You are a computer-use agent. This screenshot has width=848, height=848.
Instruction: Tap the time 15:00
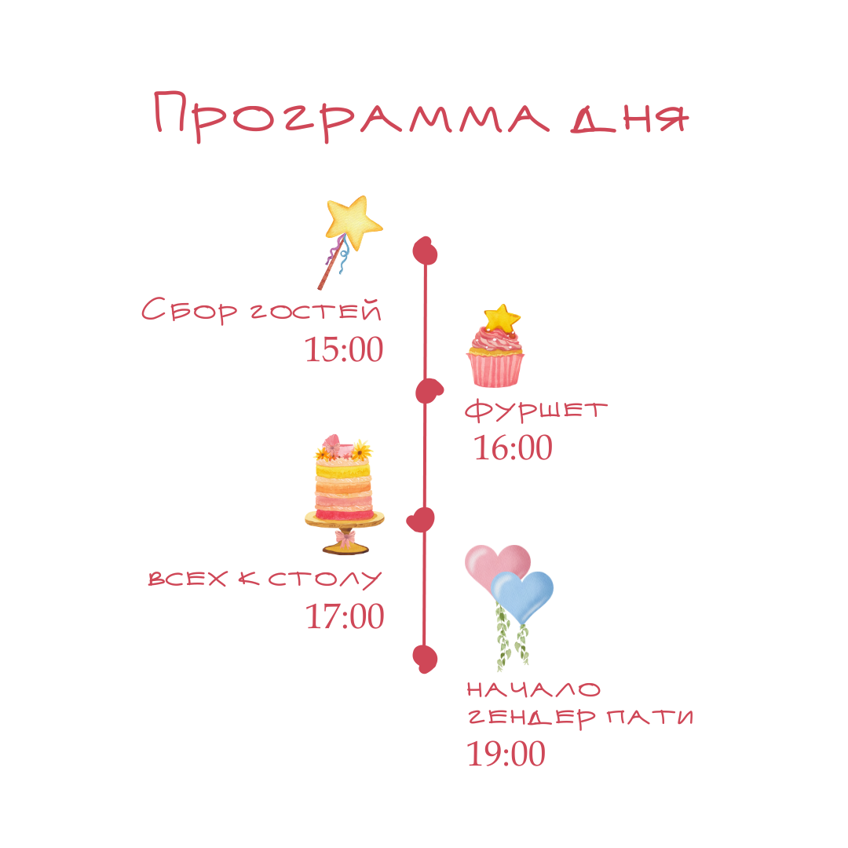coord(344,349)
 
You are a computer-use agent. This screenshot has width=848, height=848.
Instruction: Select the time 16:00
coord(513,448)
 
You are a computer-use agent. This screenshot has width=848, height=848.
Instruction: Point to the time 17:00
coord(345,616)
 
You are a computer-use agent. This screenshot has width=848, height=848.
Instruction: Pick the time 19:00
coord(506,754)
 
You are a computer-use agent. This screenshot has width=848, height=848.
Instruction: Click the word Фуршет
coord(536,410)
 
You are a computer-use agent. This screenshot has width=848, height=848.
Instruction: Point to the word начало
coord(534,690)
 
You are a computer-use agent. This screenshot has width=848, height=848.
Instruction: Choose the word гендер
coord(532,718)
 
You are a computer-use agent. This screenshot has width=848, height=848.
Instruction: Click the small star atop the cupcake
coord(501,318)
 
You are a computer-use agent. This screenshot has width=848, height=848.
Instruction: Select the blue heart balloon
coord(524,594)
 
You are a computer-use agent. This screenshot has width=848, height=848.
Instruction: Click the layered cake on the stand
coord(344,487)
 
